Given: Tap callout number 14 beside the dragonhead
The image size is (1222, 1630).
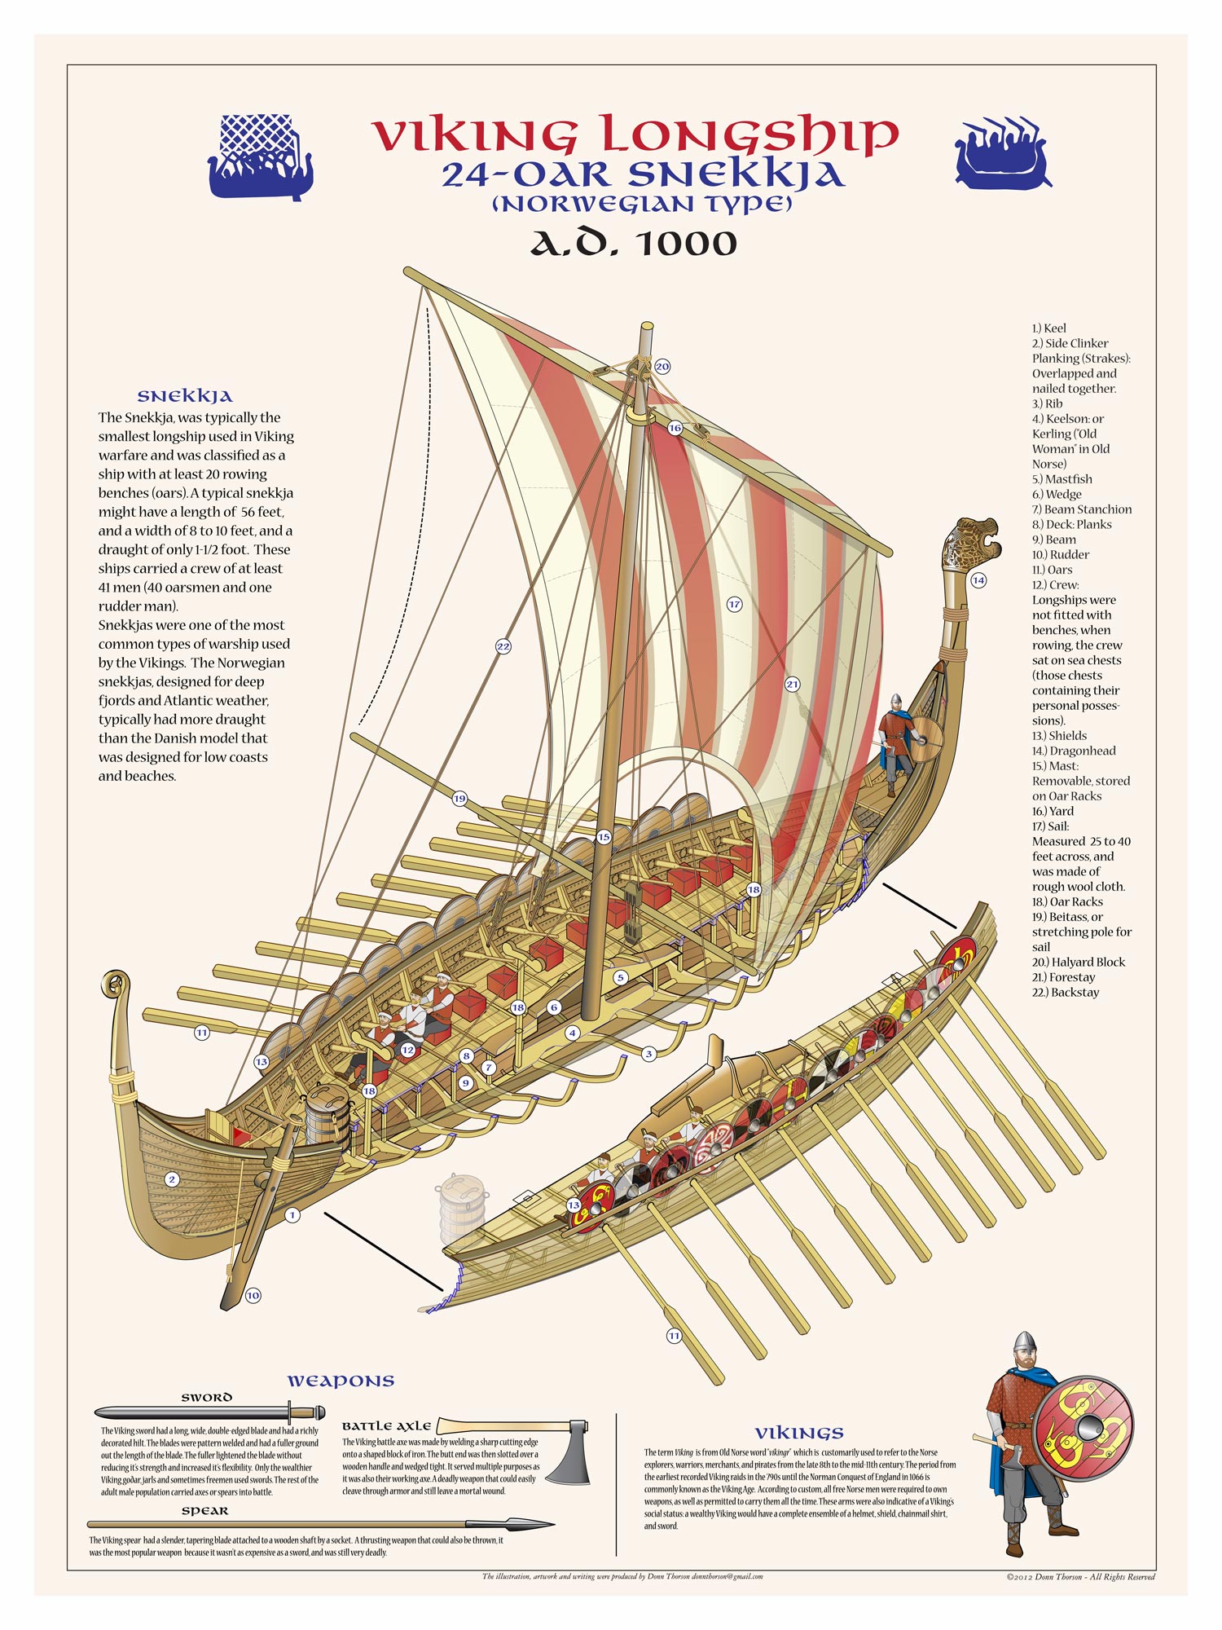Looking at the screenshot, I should (978, 580).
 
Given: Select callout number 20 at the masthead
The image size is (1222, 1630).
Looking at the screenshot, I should (662, 367).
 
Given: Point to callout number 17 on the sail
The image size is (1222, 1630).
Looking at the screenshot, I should (735, 604).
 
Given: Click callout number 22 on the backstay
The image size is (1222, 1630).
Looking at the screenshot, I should (503, 646).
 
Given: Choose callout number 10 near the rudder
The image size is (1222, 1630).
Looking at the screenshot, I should (253, 1295).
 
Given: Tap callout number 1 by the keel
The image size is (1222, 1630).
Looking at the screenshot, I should (292, 1215).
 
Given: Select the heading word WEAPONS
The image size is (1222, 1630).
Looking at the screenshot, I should (341, 1381).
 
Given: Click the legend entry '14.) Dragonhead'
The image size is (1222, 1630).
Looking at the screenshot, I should (1074, 751).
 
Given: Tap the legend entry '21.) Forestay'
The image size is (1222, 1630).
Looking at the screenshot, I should (1063, 977).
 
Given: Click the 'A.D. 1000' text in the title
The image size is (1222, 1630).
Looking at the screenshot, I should (634, 243).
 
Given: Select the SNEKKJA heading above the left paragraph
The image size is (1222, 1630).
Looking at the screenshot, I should (185, 396).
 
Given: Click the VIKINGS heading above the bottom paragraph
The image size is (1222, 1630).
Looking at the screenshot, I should (799, 1433).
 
